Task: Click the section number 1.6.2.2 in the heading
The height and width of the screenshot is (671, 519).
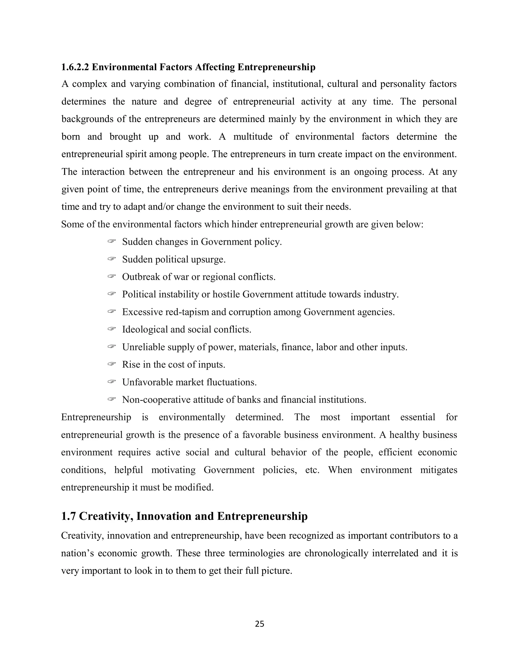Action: tap(75, 67)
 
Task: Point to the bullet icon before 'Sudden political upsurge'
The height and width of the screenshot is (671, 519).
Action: tap(111, 259)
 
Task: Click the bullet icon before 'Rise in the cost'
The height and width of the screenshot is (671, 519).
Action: tap(111, 364)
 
